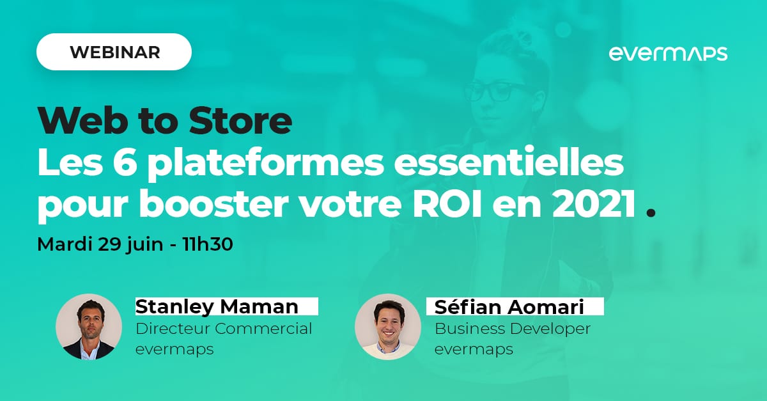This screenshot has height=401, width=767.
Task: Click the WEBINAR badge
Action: pyautogui.click(x=114, y=52)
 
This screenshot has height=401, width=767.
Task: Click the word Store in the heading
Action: pyautogui.click(x=241, y=121)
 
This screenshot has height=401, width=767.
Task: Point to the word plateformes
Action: pyautogui.click(x=266, y=164)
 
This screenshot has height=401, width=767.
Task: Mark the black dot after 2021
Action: pyautogui.click(x=650, y=213)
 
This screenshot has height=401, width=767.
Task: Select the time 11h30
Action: pyautogui.click(x=208, y=244)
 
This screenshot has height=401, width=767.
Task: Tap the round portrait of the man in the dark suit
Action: pyautogui.click(x=89, y=327)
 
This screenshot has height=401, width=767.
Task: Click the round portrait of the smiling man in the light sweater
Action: pyautogui.click(x=387, y=327)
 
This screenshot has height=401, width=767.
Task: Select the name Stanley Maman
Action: pyautogui.click(x=217, y=306)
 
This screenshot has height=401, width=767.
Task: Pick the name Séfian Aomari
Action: pyautogui.click(x=509, y=306)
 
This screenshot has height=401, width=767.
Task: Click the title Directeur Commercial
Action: pyautogui.click(x=224, y=329)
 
